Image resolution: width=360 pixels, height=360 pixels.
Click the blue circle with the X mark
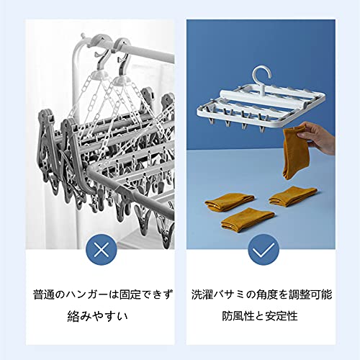pos(102,250)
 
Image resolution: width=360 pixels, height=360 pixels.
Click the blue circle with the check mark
pos(264,250)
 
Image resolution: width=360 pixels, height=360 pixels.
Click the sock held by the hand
pos(293,153)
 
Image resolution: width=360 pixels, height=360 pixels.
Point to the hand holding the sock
pos(317,137)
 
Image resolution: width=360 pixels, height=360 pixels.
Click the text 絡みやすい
pos(98,316)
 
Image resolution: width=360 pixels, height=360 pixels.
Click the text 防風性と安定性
pos(260,316)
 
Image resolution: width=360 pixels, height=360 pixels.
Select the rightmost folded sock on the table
pos(293,196)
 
